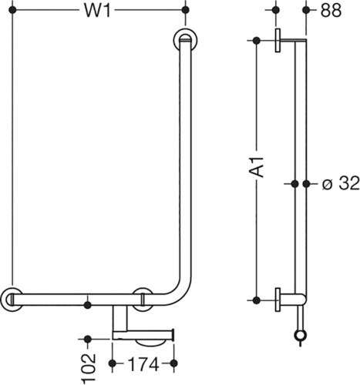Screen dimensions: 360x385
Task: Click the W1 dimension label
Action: pos(97,11)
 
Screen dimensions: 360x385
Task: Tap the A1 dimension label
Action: pos(257,166)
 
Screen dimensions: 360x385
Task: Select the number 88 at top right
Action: pos(331,11)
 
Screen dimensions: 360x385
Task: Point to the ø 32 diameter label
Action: pos(341,184)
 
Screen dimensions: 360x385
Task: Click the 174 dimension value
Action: pos(143,364)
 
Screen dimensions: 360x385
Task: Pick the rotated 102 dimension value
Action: pos(89,369)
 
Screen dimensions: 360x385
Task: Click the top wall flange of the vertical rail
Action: pos(186,40)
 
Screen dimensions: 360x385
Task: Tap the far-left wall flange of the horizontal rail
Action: pos(12,300)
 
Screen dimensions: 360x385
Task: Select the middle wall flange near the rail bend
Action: pos(143,300)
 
